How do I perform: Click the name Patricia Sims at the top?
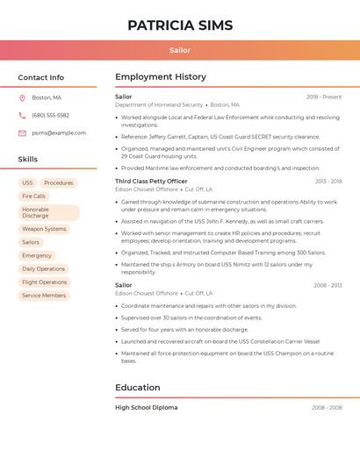180,25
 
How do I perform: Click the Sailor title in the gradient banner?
180,51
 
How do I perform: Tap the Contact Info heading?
41,77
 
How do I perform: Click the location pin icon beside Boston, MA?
22,97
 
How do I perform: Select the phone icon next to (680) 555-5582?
22,115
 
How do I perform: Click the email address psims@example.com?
59,132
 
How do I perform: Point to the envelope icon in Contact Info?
22,132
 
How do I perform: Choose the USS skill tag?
27,182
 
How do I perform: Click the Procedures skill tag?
59,182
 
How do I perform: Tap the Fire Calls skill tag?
34,197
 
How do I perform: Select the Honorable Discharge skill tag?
48,213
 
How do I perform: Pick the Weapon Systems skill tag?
44,229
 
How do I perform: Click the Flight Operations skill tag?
45,283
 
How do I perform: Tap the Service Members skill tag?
44,296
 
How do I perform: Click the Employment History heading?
161,77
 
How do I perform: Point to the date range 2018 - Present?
324,97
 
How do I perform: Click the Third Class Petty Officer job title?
151,181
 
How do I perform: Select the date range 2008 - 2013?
328,285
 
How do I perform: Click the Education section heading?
138,387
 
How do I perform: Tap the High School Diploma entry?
146,407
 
